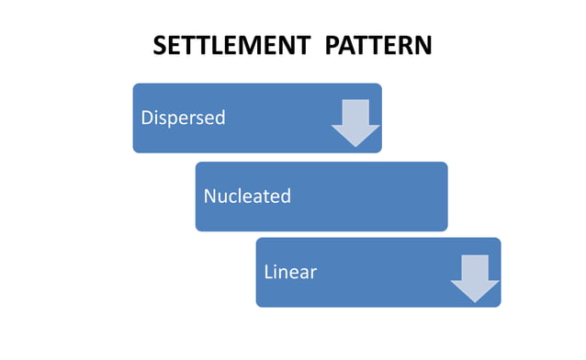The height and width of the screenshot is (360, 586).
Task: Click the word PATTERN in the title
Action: pos(378,46)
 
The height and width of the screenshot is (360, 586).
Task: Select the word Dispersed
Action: pos(183,118)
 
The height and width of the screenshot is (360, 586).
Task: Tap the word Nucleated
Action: pos(247,196)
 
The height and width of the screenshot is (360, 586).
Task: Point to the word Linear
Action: pos(290,273)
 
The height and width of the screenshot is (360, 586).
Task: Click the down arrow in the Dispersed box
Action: pos(355,122)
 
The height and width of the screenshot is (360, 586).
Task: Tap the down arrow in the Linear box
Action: pos(475,277)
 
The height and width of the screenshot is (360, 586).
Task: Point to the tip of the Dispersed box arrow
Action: pos(355,146)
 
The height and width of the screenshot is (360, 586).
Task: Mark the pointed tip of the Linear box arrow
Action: pos(475,301)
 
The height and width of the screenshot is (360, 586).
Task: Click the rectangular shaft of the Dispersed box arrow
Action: pos(355,111)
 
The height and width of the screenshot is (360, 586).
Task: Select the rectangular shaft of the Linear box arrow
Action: pos(475,266)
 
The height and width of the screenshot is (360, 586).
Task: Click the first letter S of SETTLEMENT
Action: pos(160,46)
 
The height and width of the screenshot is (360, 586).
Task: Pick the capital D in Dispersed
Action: pos(146,118)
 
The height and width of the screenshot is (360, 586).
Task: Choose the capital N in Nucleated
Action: pos(210,196)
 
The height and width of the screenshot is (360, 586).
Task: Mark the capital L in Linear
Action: pos(268,273)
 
